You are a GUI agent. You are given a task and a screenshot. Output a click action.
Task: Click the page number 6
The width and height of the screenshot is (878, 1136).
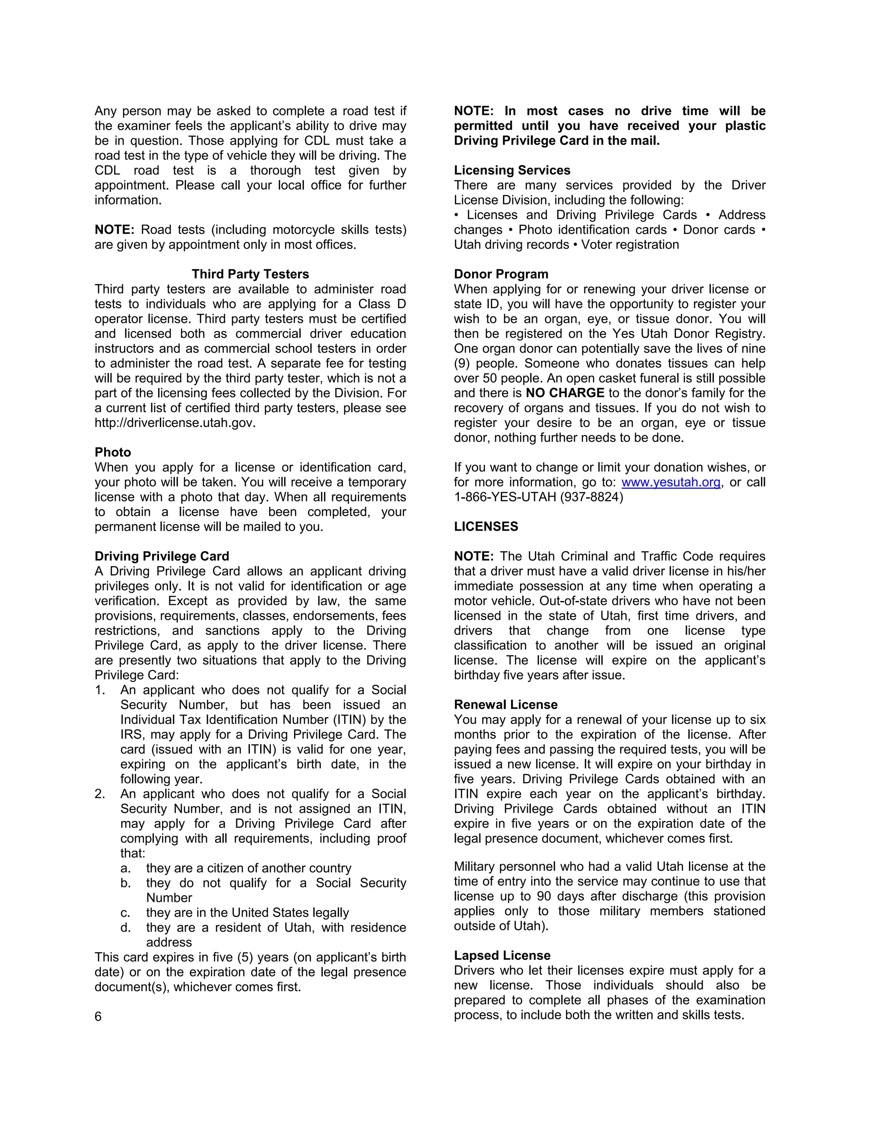pos(98,1016)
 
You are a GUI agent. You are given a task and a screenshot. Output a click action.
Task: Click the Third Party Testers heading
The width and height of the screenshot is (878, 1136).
pos(250,274)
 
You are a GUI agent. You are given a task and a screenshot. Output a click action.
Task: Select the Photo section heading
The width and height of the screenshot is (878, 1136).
pos(113,452)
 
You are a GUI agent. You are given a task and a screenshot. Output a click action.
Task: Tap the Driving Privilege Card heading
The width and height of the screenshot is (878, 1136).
pos(162,556)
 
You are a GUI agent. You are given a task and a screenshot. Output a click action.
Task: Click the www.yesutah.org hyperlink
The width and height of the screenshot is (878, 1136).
pos(671,482)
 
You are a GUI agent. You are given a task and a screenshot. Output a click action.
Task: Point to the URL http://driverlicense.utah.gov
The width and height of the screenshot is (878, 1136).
pos(175,423)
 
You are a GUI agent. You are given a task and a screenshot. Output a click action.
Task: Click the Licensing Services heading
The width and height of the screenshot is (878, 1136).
pos(512,170)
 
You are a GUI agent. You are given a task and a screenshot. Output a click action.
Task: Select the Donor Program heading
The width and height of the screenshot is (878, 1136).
pos(501,274)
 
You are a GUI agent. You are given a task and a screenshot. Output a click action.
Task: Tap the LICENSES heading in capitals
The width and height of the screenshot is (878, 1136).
pos(486,526)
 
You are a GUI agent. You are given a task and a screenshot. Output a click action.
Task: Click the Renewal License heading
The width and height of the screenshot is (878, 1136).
pos(505,704)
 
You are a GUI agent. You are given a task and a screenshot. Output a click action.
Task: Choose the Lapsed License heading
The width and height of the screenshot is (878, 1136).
pos(502,956)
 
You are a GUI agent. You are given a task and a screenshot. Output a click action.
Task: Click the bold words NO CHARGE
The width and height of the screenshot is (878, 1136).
pos(565,393)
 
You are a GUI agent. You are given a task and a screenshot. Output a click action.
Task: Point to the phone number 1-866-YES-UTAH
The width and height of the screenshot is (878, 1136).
pos(505,497)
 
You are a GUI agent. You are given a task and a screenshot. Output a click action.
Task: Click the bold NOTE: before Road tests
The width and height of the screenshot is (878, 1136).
pos(114,229)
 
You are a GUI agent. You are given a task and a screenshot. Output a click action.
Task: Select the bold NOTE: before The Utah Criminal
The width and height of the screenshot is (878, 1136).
pos(473,556)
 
